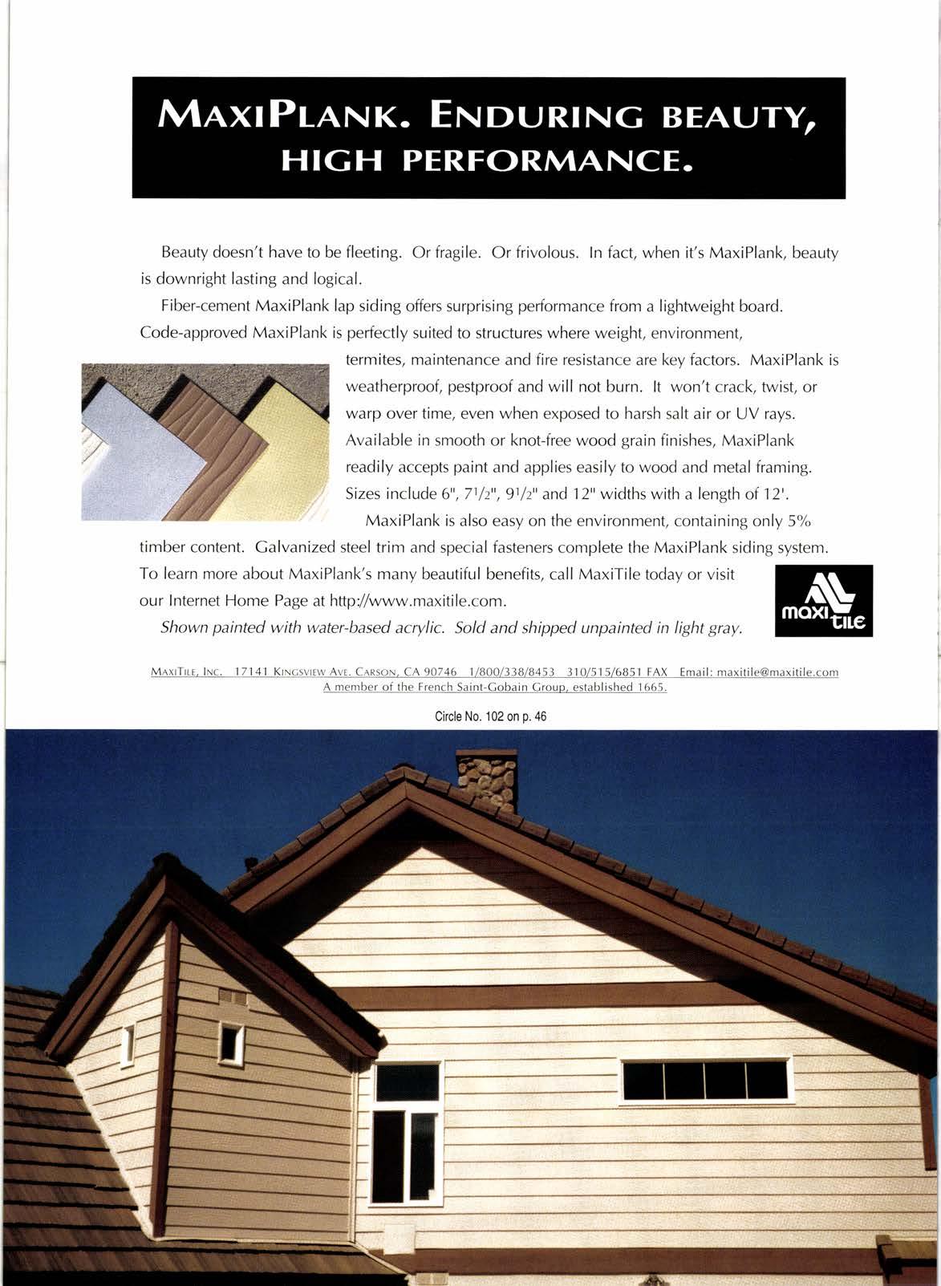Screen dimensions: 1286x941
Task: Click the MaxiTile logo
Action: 823,602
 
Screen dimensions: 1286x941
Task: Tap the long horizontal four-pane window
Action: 706,1080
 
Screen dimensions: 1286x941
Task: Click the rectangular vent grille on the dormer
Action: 233,998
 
